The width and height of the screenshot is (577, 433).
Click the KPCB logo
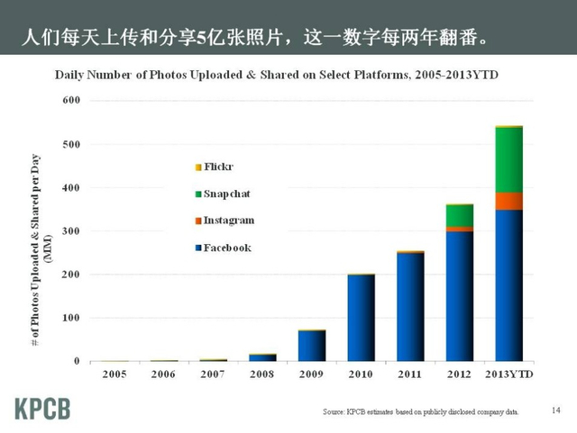(x=42, y=407)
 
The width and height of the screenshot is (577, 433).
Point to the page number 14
(x=555, y=410)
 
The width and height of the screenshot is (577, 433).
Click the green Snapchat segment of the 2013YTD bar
(x=509, y=159)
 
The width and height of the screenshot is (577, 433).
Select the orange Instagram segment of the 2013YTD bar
(x=509, y=201)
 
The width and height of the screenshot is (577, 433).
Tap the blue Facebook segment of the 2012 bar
(x=460, y=297)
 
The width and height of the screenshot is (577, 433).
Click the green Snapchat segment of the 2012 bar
(x=460, y=215)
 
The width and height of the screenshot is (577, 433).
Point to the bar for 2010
(x=362, y=318)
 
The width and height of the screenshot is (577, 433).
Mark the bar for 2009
(x=312, y=346)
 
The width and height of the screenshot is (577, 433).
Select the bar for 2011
(x=411, y=306)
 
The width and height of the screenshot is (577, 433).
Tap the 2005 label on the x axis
(x=114, y=373)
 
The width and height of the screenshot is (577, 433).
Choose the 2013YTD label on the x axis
(x=509, y=373)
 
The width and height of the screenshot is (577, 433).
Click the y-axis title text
(x=43, y=230)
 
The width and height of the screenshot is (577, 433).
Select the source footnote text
(x=420, y=411)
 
